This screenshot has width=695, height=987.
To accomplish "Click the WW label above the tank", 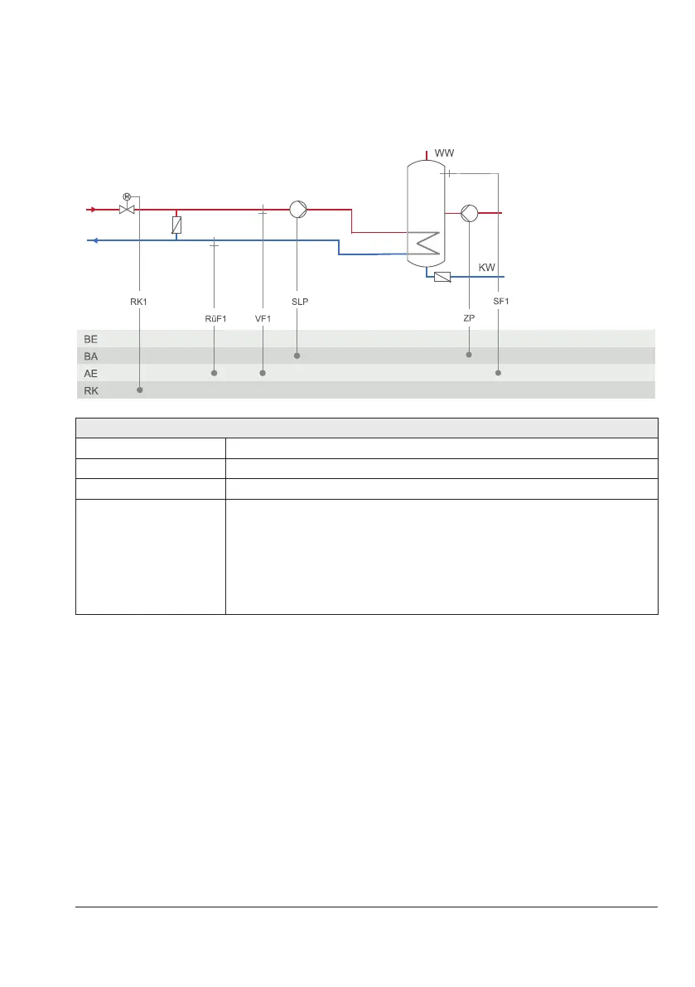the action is [x=445, y=153].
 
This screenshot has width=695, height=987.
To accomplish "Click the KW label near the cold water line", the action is [x=488, y=268].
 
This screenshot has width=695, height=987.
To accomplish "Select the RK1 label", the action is [x=138, y=302].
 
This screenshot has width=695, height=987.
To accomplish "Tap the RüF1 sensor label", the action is [x=215, y=318].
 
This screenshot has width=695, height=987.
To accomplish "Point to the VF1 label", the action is [x=263, y=318].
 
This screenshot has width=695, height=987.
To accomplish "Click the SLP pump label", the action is [x=300, y=302].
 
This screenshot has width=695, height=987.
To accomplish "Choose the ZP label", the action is [x=469, y=318].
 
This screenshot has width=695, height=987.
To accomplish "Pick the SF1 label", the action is [x=500, y=302].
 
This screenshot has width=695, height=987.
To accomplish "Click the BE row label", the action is [x=91, y=338].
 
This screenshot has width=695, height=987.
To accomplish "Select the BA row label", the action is [x=91, y=356].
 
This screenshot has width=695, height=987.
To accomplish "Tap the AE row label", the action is [x=91, y=373].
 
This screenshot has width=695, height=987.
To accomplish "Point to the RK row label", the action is [x=91, y=390].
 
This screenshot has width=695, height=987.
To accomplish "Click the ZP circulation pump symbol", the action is [x=469, y=213].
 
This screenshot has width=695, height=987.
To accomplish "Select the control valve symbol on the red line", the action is [x=127, y=209].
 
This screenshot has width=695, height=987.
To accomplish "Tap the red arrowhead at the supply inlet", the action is [x=92, y=210].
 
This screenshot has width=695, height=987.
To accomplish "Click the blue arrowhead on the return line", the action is [x=94, y=241].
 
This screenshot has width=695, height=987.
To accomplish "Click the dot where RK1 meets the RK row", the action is [x=139, y=390].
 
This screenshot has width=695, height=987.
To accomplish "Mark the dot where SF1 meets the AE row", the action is [x=499, y=373].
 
